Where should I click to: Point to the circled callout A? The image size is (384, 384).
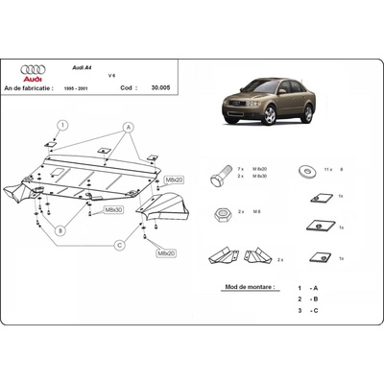tap(127, 127)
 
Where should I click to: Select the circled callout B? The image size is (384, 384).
tap(60, 229)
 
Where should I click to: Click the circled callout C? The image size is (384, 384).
tap(120, 245)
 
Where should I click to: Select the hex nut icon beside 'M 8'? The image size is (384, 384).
tap(220, 211)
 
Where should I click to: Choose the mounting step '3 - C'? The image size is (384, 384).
tap(307, 312)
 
